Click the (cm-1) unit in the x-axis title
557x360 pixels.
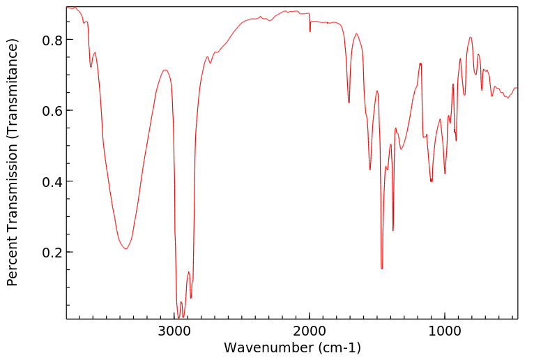(x=337, y=347)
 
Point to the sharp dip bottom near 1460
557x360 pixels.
(x=382, y=268)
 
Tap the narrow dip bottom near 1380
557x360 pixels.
(x=393, y=230)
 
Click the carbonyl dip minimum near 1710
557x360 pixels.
(x=349, y=103)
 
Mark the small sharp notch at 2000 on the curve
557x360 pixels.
(x=310, y=31)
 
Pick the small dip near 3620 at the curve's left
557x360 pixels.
(x=91, y=67)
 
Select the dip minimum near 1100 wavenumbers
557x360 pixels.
(x=432, y=181)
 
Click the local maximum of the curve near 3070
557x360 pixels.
(x=165, y=70)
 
